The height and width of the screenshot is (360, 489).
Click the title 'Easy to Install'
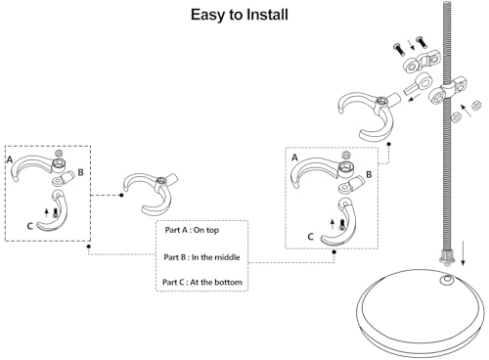click(240, 15)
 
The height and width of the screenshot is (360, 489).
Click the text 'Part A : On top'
click(192, 230)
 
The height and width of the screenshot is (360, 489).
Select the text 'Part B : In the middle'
click(201, 257)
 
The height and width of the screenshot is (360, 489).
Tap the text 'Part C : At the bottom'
click(202, 282)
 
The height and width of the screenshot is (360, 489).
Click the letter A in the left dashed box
click(10, 159)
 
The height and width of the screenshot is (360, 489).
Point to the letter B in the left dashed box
click(80, 172)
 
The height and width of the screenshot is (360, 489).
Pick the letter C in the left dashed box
click(29, 226)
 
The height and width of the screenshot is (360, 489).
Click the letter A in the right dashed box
click(294, 157)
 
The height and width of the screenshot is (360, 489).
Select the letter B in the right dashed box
click(369, 175)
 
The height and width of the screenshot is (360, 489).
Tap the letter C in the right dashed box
click(310, 237)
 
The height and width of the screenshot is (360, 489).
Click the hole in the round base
click(447, 280)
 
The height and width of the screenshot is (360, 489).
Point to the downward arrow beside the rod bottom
click(463, 257)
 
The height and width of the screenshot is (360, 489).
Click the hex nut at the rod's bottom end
click(447, 255)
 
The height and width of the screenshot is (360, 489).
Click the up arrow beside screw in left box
click(47, 212)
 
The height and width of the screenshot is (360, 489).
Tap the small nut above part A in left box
click(59, 153)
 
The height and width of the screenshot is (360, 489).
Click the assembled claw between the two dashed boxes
click(151, 193)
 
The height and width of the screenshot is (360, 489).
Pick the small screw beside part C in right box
click(341, 225)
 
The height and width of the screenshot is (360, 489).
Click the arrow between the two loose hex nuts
click(466, 111)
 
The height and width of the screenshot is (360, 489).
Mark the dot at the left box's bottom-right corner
click(89, 247)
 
